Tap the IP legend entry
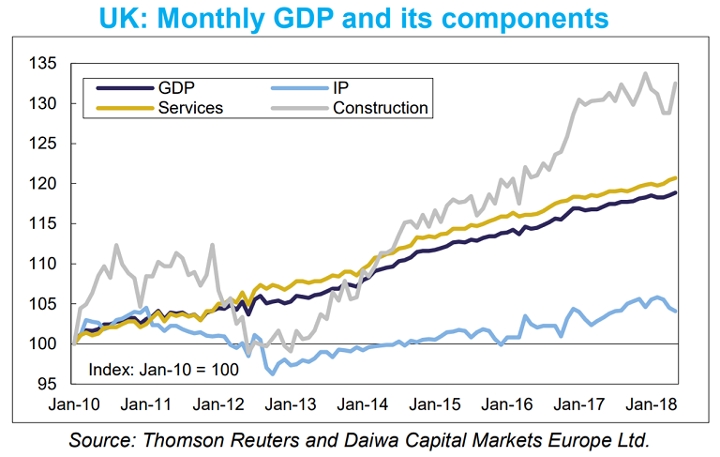pos(341,88)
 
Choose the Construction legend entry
pos(380,108)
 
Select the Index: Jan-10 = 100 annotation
pos(163,369)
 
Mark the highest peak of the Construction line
pos(645,73)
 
